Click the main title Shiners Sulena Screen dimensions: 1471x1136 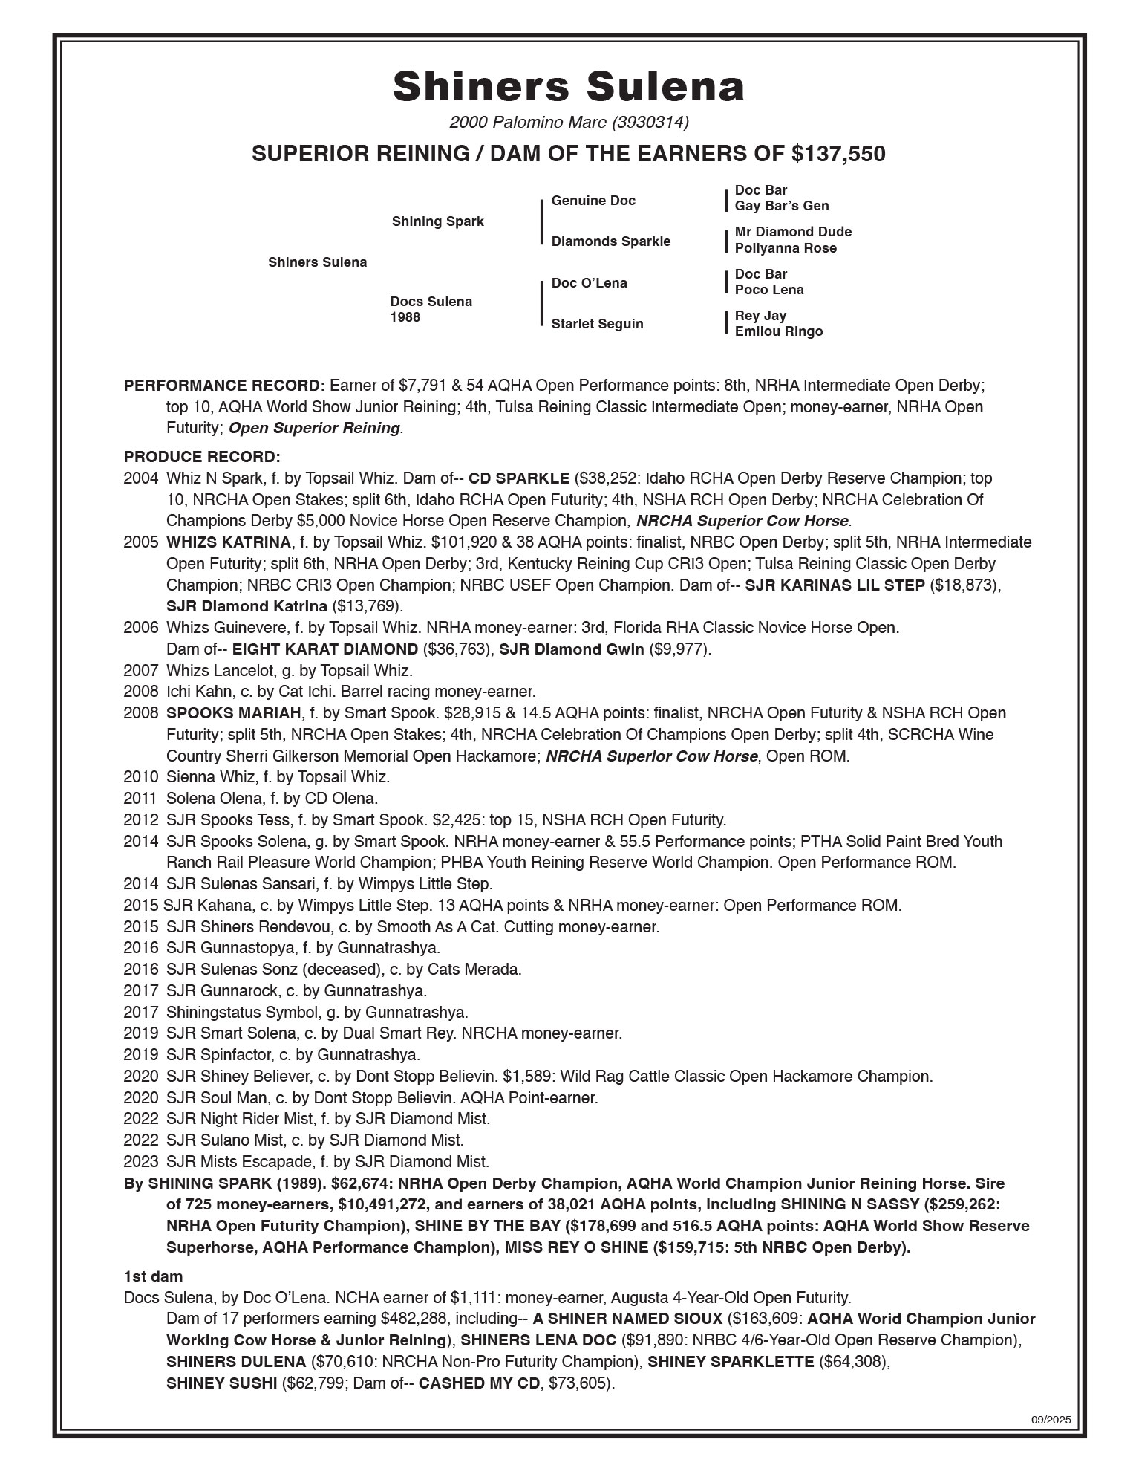click(x=568, y=86)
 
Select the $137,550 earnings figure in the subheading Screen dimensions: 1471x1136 click(x=838, y=154)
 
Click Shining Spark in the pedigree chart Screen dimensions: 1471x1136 click(x=437, y=221)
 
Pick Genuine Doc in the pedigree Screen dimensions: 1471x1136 click(x=593, y=201)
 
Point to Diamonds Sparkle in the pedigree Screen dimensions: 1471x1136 click(x=610, y=241)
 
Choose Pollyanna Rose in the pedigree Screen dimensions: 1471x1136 click(x=786, y=248)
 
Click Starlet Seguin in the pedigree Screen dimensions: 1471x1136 click(x=597, y=324)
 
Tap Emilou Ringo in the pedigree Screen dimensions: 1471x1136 click(x=779, y=331)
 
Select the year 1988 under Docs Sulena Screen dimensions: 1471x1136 click(x=405, y=317)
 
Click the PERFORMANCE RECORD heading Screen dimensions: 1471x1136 click(x=224, y=386)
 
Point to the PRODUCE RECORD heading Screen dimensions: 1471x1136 click(x=202, y=456)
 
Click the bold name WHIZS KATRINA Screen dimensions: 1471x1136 click(x=228, y=542)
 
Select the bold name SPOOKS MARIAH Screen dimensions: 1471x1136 click(x=234, y=713)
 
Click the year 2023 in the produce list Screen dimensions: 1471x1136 click(x=141, y=1161)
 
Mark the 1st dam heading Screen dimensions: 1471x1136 click(x=153, y=1276)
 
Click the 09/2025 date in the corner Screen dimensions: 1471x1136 click(x=1051, y=1420)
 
